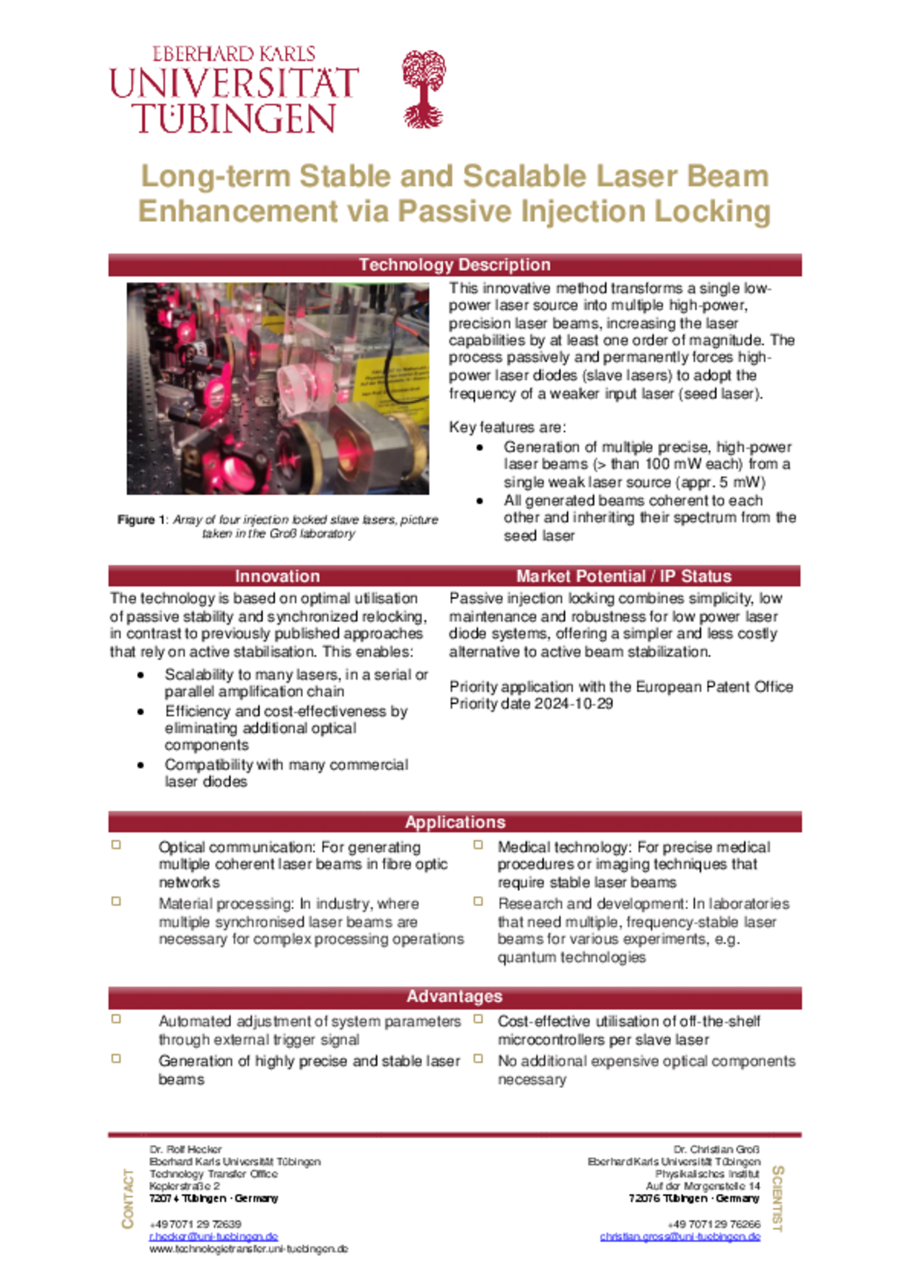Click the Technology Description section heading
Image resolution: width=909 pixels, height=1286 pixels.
(x=454, y=265)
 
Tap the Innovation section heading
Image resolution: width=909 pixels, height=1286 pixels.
(x=277, y=576)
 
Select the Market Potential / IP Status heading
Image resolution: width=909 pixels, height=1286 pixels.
(x=623, y=576)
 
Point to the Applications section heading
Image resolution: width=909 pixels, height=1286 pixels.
(x=454, y=822)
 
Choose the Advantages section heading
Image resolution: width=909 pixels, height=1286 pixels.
(x=454, y=996)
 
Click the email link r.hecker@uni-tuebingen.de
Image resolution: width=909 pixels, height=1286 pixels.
(x=214, y=1236)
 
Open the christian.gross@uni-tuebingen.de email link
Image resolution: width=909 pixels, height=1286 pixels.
(x=680, y=1236)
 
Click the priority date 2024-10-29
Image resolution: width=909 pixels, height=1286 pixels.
(x=574, y=704)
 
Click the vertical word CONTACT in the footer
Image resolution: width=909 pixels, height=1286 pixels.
(x=128, y=1198)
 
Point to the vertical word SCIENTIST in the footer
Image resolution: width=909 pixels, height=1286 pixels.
(x=778, y=1198)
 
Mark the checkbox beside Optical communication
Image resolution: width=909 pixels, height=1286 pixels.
(x=116, y=845)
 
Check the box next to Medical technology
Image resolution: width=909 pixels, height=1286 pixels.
(x=478, y=845)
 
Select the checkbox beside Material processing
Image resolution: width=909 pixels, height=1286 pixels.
(x=116, y=901)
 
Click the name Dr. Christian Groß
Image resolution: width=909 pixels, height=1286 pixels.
(x=716, y=1149)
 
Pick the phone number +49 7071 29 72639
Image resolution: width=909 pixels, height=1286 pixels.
(x=195, y=1224)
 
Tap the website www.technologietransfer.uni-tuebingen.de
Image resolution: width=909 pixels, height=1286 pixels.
(x=248, y=1249)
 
